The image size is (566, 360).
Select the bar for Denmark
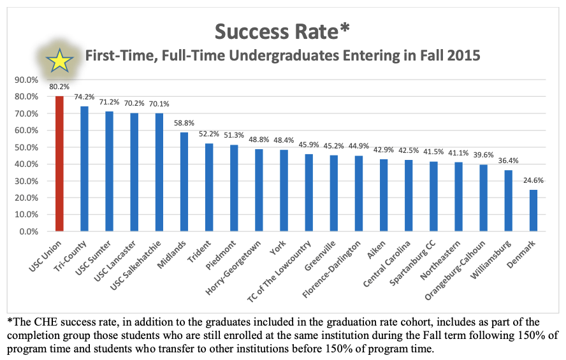[533, 210]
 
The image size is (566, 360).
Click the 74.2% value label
[84, 97]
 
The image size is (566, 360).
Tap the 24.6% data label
[533, 181]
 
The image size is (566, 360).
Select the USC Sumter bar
[110, 171]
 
